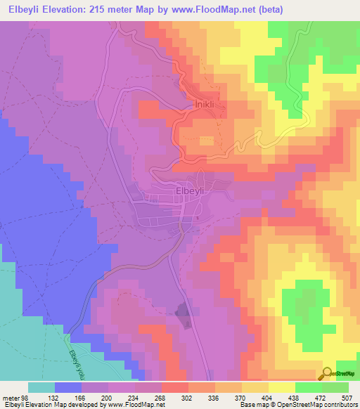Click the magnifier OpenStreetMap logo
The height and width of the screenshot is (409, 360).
326,373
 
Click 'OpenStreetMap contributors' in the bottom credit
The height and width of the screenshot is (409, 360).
320,404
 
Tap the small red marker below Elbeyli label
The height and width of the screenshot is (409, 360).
198,217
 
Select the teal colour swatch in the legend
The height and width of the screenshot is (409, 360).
41,387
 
